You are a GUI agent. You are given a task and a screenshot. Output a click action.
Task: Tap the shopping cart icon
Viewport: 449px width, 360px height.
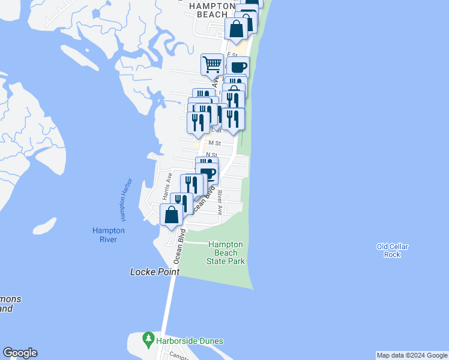211,64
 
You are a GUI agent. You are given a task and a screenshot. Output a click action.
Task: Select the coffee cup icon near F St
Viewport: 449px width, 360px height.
238,67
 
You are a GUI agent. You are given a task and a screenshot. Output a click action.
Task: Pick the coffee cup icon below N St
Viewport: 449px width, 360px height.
208,174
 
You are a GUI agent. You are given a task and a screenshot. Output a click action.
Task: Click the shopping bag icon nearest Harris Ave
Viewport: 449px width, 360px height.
171,214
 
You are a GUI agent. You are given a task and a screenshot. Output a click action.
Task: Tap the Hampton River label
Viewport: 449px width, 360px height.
109,235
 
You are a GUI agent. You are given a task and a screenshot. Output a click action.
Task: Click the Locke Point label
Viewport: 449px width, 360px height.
155,272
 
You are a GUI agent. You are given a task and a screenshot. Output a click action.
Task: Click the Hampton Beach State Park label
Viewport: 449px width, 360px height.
224,253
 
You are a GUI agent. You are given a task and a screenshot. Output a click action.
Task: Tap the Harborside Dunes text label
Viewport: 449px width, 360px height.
190,341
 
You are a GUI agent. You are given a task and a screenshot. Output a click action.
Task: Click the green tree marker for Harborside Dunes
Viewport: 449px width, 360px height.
148,340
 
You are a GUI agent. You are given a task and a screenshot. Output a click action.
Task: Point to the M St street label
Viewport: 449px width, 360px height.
214,143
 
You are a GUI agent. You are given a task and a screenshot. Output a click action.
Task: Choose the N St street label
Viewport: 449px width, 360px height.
211,155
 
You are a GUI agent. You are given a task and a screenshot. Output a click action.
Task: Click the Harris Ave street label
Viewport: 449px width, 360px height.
169,186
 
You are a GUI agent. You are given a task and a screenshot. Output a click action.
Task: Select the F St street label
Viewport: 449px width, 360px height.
232,55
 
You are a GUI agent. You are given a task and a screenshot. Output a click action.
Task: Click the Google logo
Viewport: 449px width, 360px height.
20,353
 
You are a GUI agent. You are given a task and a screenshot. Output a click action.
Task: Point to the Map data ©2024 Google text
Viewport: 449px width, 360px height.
412,355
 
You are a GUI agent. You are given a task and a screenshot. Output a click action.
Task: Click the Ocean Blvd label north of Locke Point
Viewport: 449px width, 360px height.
178,248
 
